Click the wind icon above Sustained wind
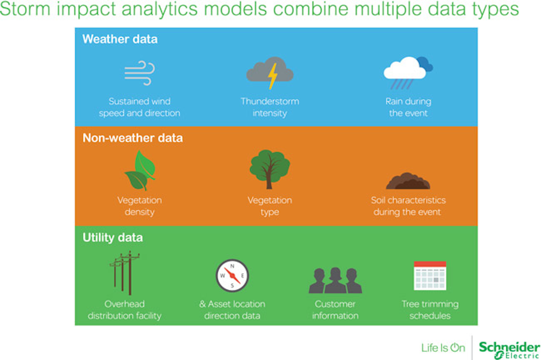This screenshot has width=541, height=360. pos(139,73)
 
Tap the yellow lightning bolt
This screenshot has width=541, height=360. pos(273,76)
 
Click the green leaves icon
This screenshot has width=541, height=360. pos(140,171)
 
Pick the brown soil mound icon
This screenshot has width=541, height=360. pos(408,181)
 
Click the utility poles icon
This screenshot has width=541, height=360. pos(124,273)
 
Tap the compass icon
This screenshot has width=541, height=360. pos(232,276)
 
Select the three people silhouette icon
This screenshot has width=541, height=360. pos(335,280)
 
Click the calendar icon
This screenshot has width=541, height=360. pos(430,276)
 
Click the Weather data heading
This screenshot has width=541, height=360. pos(120,39)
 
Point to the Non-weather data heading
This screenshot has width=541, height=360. pos(133,138)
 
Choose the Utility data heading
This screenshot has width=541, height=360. pos(113,237)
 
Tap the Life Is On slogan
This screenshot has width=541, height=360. pos(443,348)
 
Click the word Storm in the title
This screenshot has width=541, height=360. pos(25,9)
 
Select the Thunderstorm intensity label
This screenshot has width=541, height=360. pos(270,107)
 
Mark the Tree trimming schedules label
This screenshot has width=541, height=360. pos(430,310)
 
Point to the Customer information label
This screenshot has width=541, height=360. pos(335,310)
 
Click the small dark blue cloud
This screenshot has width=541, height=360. pos(425,64)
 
